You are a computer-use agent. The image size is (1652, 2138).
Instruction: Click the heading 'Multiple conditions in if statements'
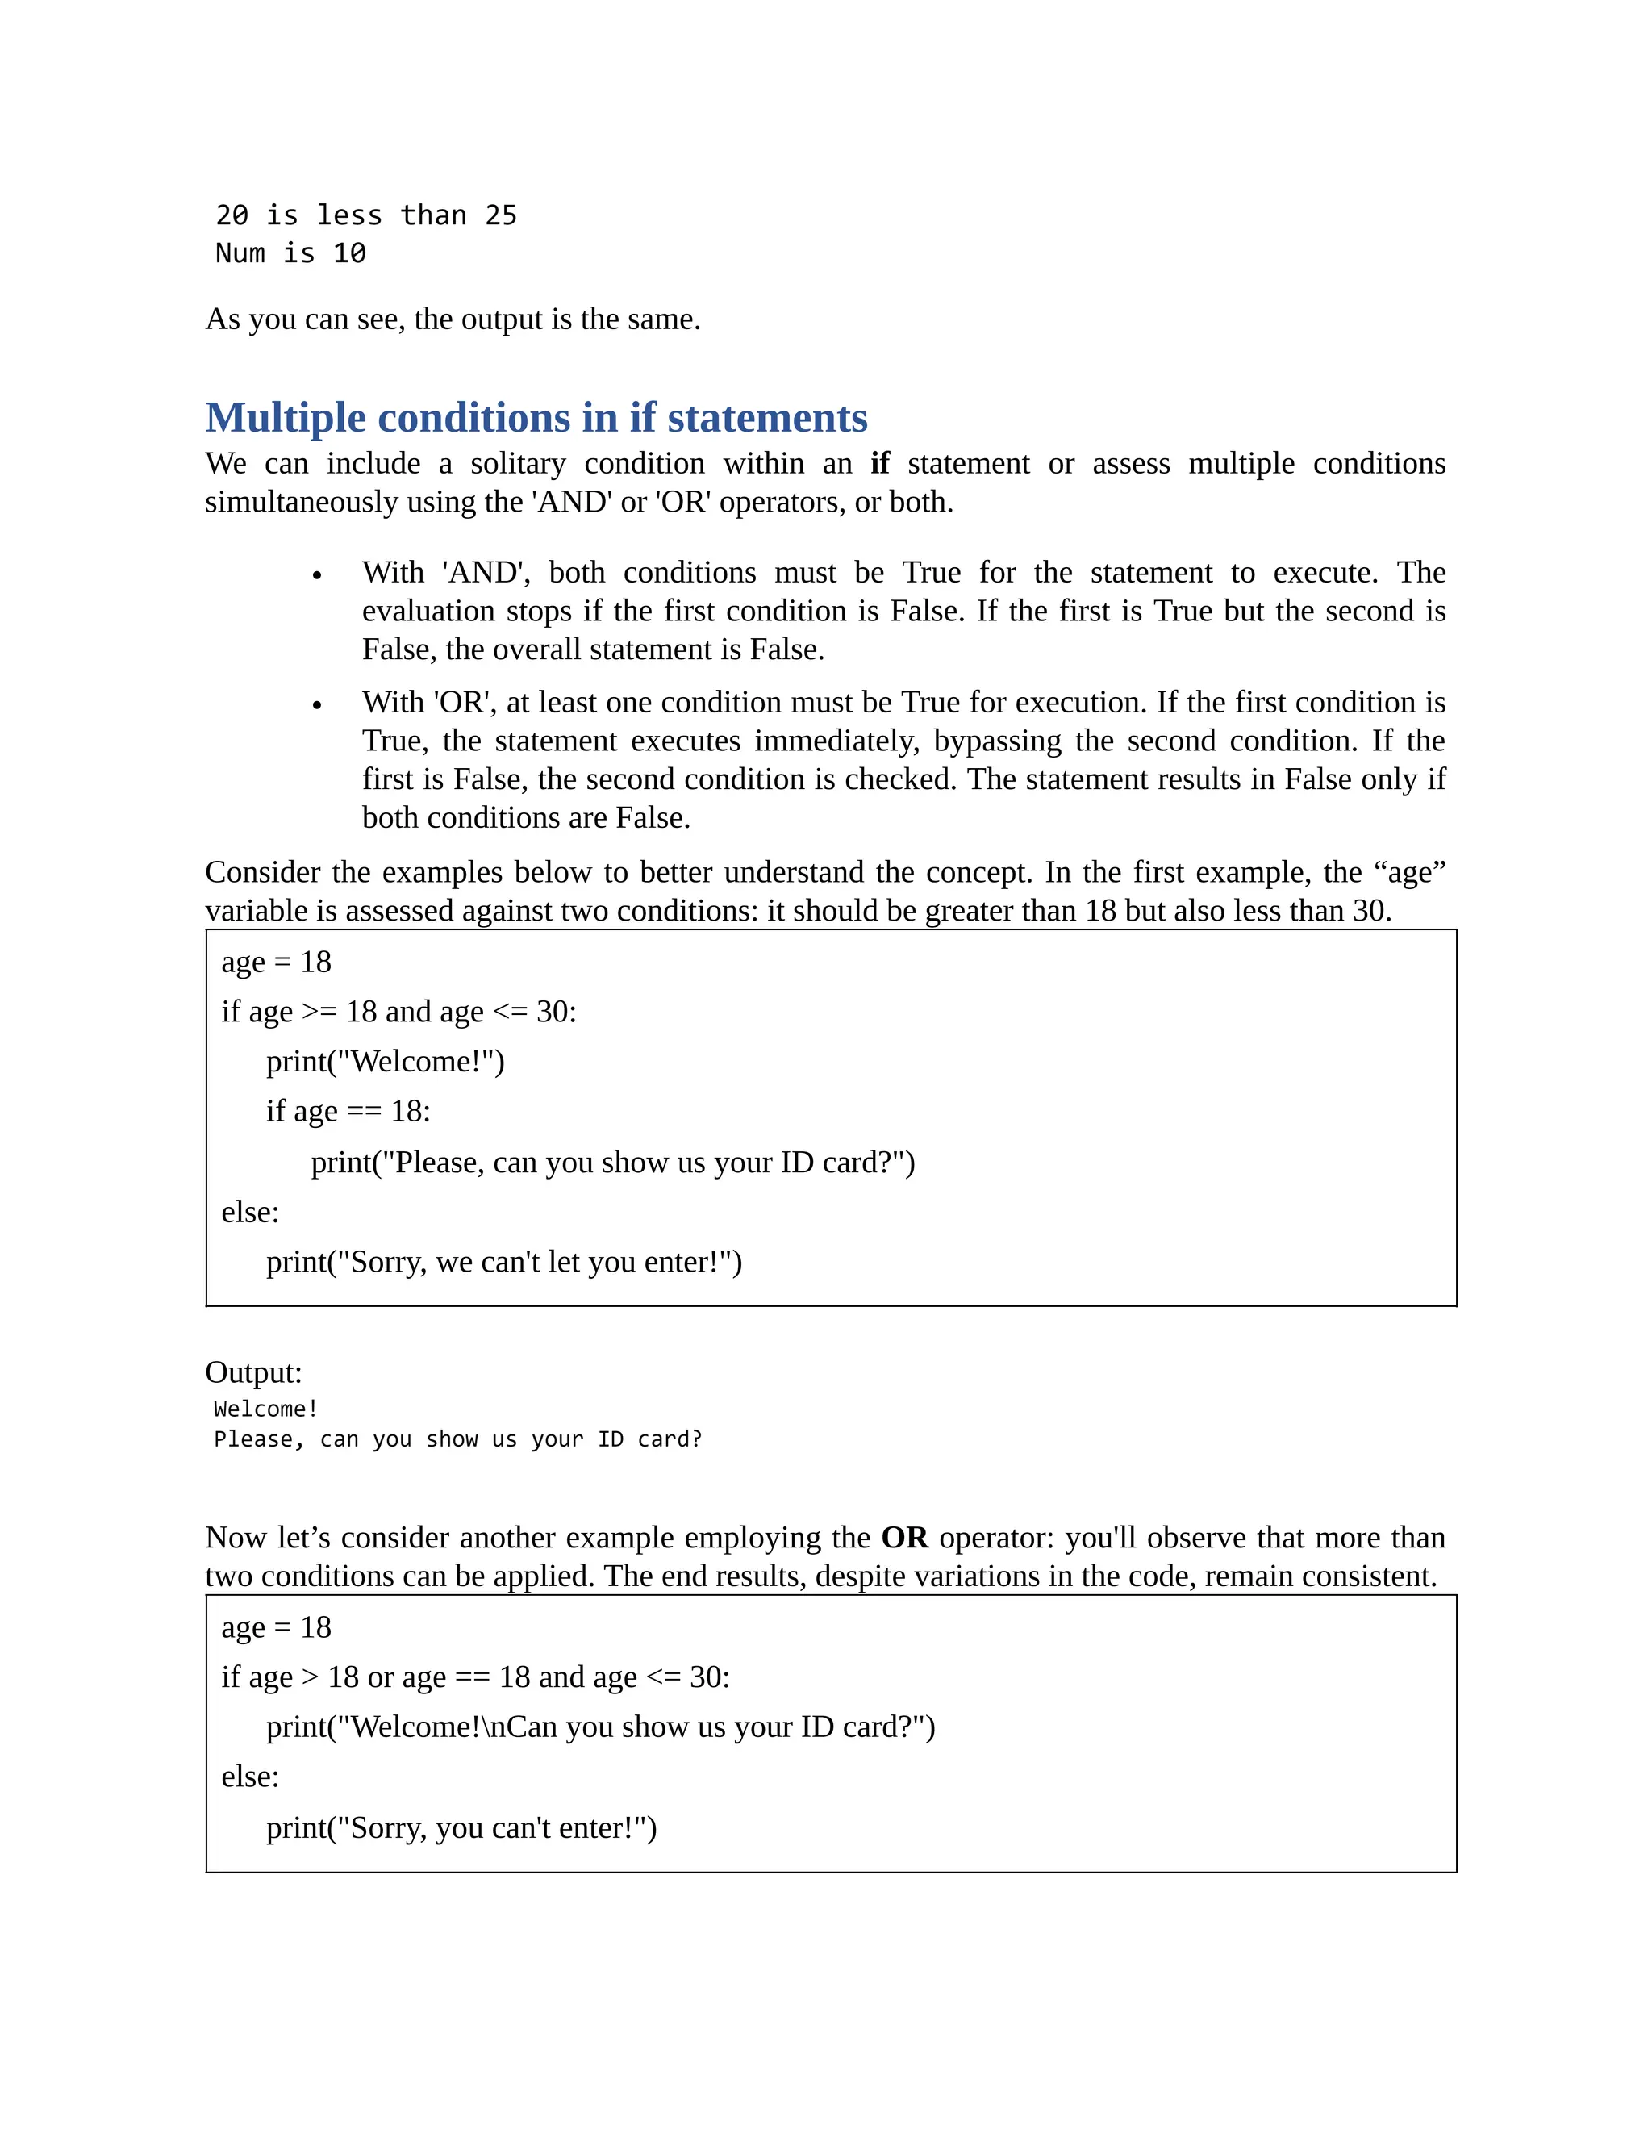536,418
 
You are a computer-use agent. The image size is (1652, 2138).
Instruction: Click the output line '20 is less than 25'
366,215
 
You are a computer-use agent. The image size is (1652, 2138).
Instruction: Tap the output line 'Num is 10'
290,253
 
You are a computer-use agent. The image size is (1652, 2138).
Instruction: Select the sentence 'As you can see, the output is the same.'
453,319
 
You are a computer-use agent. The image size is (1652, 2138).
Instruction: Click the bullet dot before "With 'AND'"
317,575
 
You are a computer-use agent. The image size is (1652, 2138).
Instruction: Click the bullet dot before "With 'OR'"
317,705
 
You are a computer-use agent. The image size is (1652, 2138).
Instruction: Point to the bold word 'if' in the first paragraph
879,463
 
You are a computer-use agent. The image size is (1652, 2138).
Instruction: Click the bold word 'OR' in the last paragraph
904,1538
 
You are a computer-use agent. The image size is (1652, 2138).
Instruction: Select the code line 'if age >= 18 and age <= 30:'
398,1013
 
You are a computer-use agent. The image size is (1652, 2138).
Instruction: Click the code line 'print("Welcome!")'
385,1063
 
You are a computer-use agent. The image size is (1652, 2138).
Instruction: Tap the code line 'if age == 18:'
348,1112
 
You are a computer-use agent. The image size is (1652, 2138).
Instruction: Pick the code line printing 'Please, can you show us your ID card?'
613,1163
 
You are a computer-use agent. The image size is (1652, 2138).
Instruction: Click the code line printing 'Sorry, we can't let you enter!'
503,1263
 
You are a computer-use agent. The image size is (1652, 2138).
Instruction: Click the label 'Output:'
253,1372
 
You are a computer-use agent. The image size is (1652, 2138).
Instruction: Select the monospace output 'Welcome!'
265,1409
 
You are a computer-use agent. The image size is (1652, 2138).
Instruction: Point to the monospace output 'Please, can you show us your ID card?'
457,1440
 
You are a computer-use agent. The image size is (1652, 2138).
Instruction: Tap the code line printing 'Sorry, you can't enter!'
461,1829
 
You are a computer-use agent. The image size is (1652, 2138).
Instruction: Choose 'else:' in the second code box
249,1777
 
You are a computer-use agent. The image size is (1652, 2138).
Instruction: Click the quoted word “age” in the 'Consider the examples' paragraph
1409,872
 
